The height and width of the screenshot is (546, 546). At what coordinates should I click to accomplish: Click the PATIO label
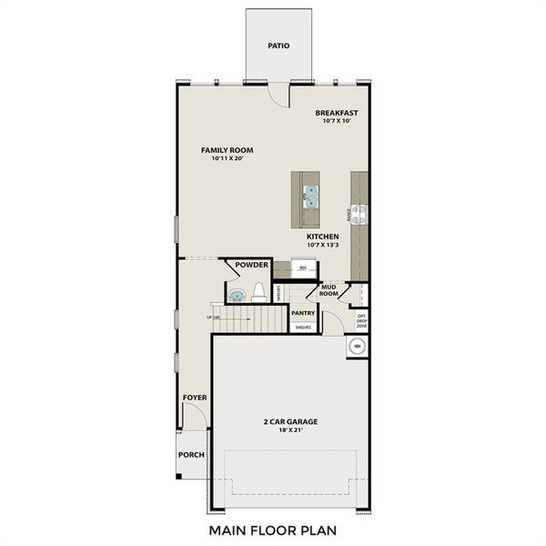pos(278,45)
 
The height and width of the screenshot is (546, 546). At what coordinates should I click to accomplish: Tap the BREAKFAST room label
pos(337,114)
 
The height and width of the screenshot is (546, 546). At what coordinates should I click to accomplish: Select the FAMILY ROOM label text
pos(227,150)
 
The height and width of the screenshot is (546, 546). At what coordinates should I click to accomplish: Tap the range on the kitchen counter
pos(360,214)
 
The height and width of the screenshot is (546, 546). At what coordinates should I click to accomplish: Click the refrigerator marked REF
pos(303,268)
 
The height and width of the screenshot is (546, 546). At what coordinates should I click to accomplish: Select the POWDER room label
pos(252,265)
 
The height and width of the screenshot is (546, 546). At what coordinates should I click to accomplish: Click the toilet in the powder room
pos(259,292)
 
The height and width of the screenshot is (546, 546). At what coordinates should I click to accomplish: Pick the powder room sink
pos(237,294)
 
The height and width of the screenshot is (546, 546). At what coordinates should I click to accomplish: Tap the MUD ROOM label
pos(329,290)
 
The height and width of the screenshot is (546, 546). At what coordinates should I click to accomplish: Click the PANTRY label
pos(303,313)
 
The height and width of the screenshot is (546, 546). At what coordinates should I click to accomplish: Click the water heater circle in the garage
pos(358,346)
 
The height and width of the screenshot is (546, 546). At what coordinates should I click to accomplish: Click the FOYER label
pos(195,398)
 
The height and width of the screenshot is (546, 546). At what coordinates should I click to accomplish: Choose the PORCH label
pos(191,455)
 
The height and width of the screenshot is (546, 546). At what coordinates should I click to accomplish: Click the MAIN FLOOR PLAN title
pos(273,529)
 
